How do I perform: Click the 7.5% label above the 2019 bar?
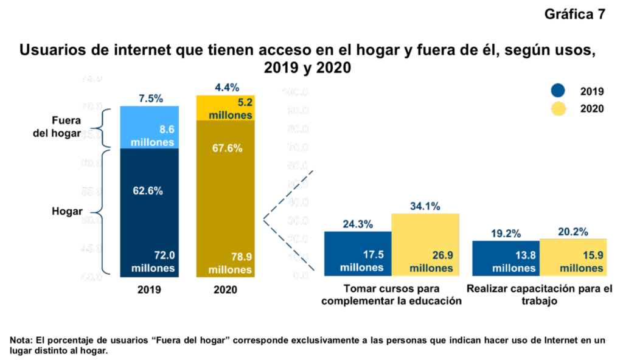(150, 99)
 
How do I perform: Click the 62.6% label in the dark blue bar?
(147, 190)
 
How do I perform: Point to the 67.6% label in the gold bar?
(228, 148)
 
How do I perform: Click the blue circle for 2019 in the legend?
(558, 91)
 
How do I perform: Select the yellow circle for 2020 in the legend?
(558, 109)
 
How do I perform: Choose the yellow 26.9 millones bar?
(425, 246)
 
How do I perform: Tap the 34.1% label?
(425, 206)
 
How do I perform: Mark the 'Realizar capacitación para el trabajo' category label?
(538, 295)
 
